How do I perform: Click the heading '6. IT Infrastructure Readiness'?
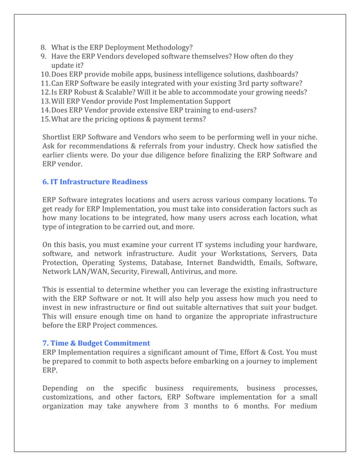point(95,182)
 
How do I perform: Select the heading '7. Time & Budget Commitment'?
point(96,342)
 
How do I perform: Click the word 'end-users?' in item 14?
point(235,111)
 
